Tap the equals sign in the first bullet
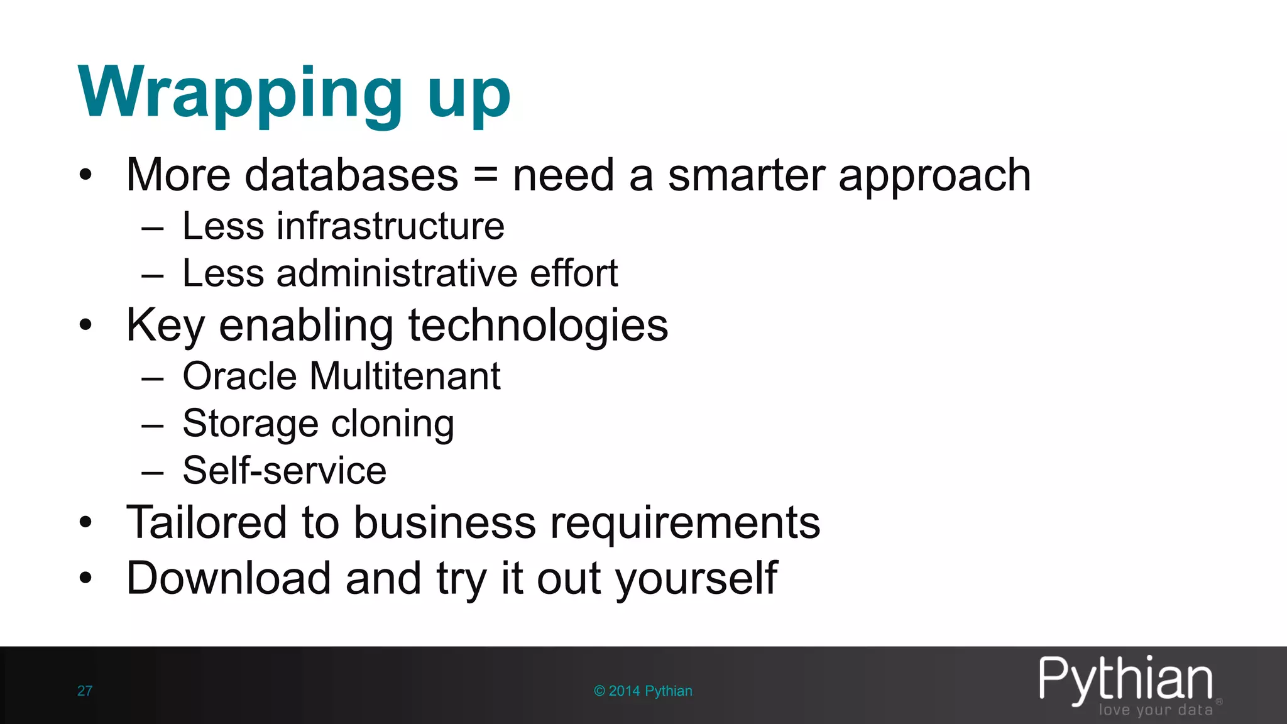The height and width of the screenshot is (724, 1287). point(485,175)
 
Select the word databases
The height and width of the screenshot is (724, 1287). point(351,175)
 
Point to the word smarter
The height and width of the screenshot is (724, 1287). point(746,175)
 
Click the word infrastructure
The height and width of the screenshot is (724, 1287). point(390,226)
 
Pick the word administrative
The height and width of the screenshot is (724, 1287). point(397,273)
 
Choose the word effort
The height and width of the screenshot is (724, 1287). point(574,273)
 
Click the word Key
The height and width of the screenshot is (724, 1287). point(165,326)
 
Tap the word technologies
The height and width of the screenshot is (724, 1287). point(538,326)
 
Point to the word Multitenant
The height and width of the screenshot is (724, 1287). point(405,376)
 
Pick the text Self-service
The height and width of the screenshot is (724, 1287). point(284,471)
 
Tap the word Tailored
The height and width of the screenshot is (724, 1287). point(207,522)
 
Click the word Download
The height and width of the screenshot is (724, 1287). point(228,578)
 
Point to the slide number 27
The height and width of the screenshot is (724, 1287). point(85,691)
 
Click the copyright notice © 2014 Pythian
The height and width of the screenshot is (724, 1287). point(643,691)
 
